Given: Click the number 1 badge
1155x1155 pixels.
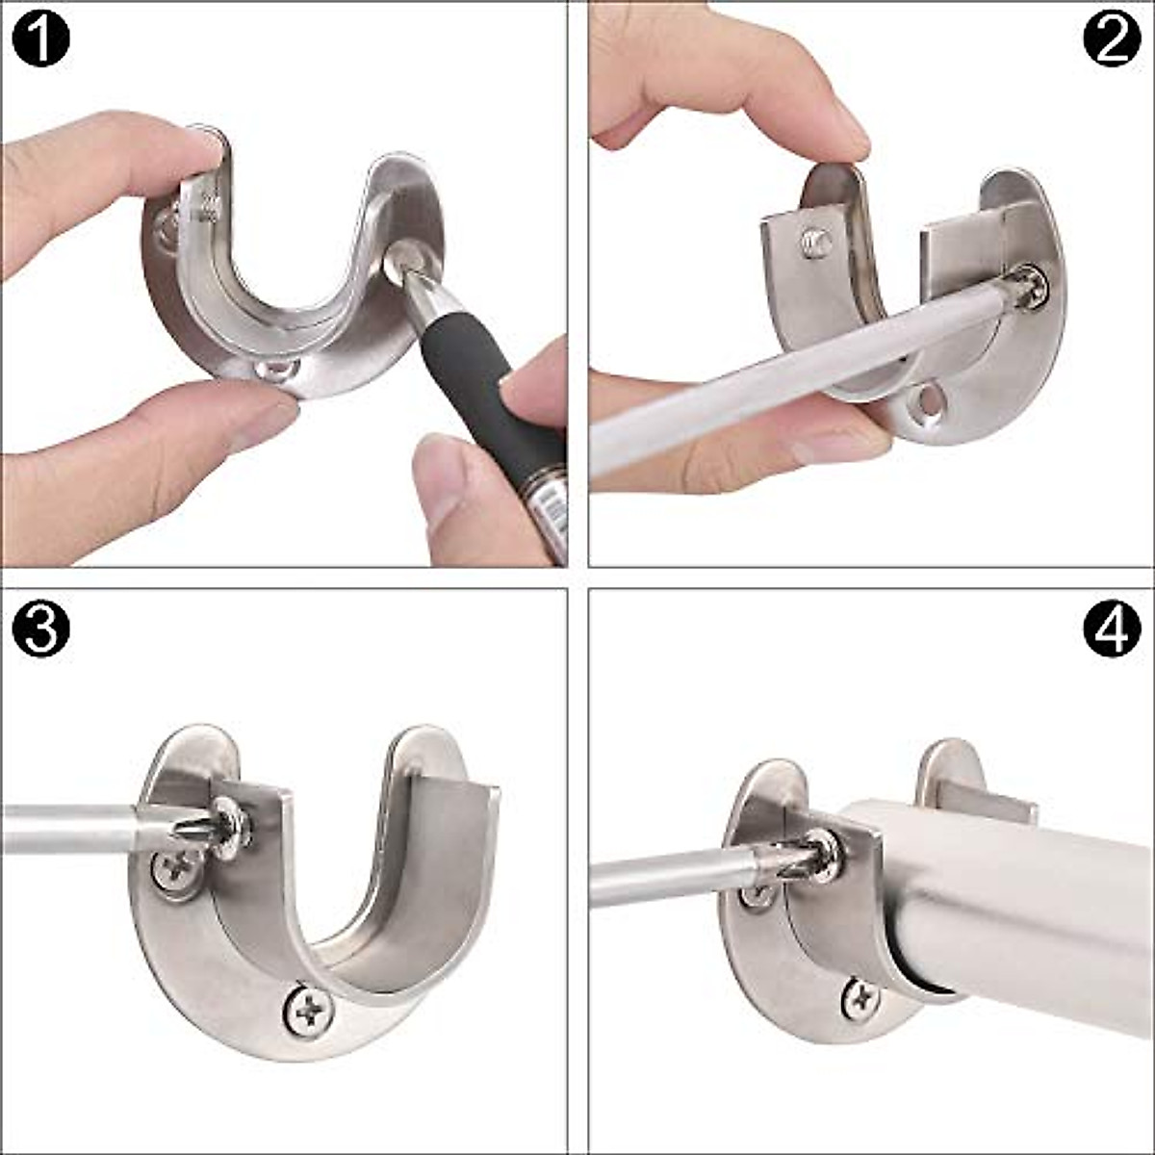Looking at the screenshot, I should tap(41, 40).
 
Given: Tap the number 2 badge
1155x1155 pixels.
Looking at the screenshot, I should tap(1112, 40).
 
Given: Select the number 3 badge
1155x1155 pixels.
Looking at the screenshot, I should tap(41, 629).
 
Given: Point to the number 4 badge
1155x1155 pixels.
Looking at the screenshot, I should tap(1112, 629).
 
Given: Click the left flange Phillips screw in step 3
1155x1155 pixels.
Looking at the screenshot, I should tap(175, 872).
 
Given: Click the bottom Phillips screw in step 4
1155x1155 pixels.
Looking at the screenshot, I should tap(859, 999).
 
